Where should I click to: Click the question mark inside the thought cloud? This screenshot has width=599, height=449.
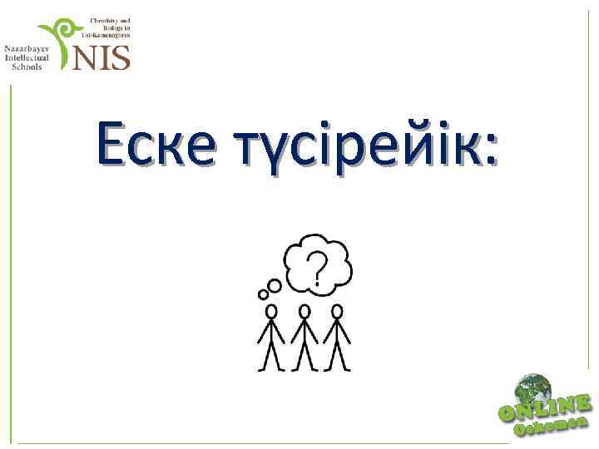tap(317, 268)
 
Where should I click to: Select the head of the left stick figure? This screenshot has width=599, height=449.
tap(271, 311)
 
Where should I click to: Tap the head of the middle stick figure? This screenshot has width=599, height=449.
tap(304, 311)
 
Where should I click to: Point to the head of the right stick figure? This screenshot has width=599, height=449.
tap(337, 311)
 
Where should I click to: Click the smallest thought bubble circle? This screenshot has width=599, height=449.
tap(260, 293)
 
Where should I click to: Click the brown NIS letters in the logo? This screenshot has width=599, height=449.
tap(102, 57)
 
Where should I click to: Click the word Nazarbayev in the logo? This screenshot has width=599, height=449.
tap(27, 48)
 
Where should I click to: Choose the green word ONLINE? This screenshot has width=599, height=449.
tap(544, 407)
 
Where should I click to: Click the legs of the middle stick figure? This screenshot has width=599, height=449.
tap(304, 356)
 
